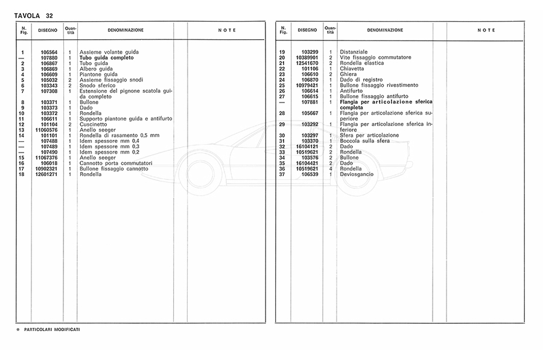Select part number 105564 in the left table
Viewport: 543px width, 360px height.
[x=48, y=53]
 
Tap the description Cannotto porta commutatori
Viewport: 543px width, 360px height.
[x=115, y=163]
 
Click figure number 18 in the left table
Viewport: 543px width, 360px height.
[x=21, y=174]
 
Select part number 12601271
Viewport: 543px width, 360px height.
[x=46, y=174]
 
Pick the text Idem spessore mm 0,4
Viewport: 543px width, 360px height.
[x=109, y=141]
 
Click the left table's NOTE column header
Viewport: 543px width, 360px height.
[x=226, y=30]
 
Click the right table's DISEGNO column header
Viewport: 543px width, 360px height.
[x=306, y=30]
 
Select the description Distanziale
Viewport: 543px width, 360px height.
[x=354, y=52]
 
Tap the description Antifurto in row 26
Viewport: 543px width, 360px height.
[x=352, y=91]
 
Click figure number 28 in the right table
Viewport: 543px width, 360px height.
[x=282, y=113]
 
